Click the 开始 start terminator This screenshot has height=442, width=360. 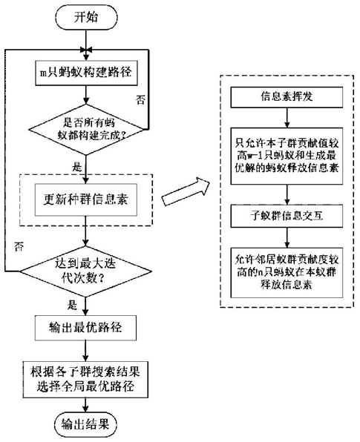pos(86,18)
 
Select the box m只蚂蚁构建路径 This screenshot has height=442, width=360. pos(86,73)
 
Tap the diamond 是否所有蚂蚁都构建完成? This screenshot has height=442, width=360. pos(86,129)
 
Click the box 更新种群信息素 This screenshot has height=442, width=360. pos(85,199)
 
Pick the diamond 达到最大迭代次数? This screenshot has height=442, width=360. pos(85,271)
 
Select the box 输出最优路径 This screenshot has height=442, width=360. pos(85,328)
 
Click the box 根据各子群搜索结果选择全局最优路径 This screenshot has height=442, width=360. pos(85,380)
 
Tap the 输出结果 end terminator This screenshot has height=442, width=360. pos(85,424)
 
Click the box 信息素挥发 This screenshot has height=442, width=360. pos(287,97)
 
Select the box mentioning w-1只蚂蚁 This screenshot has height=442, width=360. pos(287,156)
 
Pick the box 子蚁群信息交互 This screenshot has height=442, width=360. pos(287,217)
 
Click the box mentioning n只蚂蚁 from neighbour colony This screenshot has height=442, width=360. pos(287,273)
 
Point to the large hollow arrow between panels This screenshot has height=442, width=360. pos(186,191)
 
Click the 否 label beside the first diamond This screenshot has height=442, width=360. pos(140,100)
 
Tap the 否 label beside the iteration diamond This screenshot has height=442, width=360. pos(19,247)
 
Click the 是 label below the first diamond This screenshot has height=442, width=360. pos(76,167)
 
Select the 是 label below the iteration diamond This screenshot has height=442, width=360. pos(72,305)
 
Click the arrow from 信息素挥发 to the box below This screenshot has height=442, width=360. pos(287,118)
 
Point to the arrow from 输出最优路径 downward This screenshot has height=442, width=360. pos(85,351)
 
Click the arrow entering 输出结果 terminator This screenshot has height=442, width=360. pos(85,405)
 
